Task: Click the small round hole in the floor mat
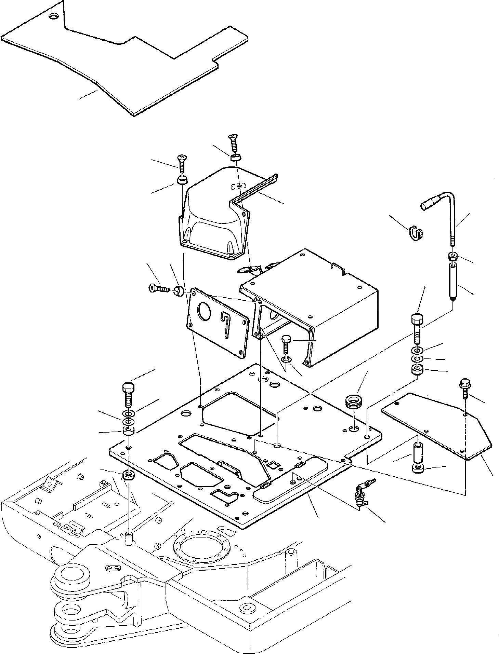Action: tap(54, 16)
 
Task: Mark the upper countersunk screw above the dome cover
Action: tap(233, 142)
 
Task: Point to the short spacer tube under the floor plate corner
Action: tap(417, 451)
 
